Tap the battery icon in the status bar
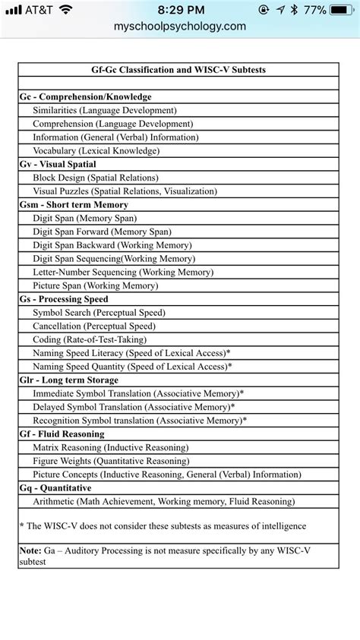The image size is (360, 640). pyautogui.click(x=343, y=10)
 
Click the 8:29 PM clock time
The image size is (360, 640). pyautogui.click(x=180, y=10)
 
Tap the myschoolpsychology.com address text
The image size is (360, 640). pyautogui.click(x=180, y=26)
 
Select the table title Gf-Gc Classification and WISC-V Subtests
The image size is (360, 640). pyautogui.click(x=179, y=70)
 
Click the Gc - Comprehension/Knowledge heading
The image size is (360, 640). pyautogui.click(x=85, y=97)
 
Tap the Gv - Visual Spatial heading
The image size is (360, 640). pyautogui.click(x=58, y=165)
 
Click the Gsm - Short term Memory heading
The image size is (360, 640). pyautogui.click(x=74, y=205)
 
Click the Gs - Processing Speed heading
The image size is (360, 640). pyautogui.click(x=64, y=299)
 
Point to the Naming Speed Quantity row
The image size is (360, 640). pyautogui.click(x=131, y=366)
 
